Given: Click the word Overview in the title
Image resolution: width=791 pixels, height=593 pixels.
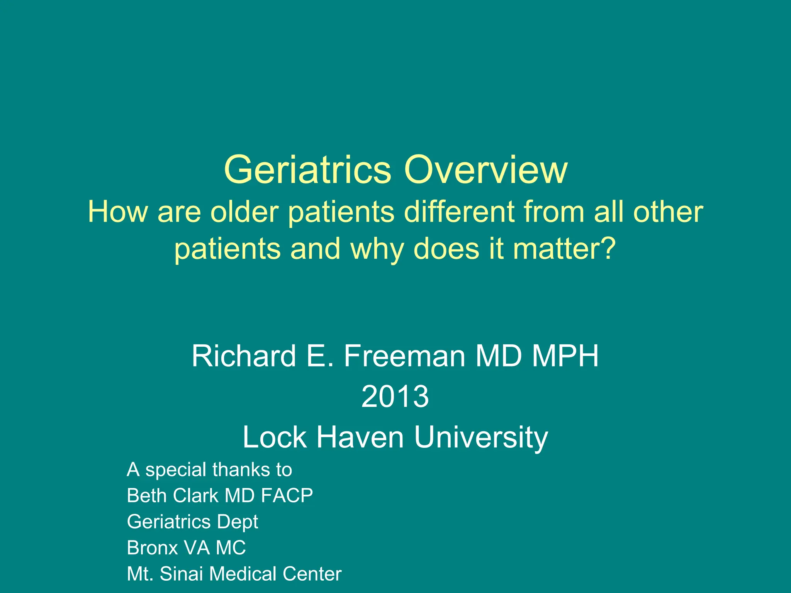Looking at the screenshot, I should click(485, 170).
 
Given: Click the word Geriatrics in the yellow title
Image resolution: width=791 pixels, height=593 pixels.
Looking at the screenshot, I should click(307, 170).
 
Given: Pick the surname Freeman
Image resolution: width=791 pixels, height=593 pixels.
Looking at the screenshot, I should click(404, 356).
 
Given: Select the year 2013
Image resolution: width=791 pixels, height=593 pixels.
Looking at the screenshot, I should click(395, 397).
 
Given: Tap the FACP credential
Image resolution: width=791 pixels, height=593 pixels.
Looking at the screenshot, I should click(287, 496).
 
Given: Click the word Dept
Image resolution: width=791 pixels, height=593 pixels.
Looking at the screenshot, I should click(237, 522).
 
